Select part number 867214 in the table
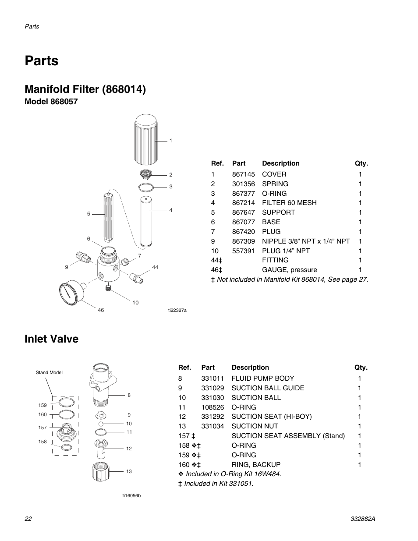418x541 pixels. [243, 203]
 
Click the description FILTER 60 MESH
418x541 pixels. [289, 203]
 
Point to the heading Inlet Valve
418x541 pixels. [52, 339]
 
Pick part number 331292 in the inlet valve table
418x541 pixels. [213, 417]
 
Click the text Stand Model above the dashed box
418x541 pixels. [49, 372]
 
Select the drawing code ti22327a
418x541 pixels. [177, 310]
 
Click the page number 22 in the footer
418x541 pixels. [28, 519]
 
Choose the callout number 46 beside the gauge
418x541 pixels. [101, 310]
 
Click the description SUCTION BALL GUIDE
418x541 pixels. [268, 388]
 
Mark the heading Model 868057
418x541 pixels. [51, 102]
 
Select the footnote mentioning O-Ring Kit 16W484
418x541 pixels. [230, 474]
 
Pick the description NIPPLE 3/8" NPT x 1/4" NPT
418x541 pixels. [306, 241]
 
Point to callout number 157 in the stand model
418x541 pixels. [43, 428]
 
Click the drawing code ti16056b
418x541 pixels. [131, 495]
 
